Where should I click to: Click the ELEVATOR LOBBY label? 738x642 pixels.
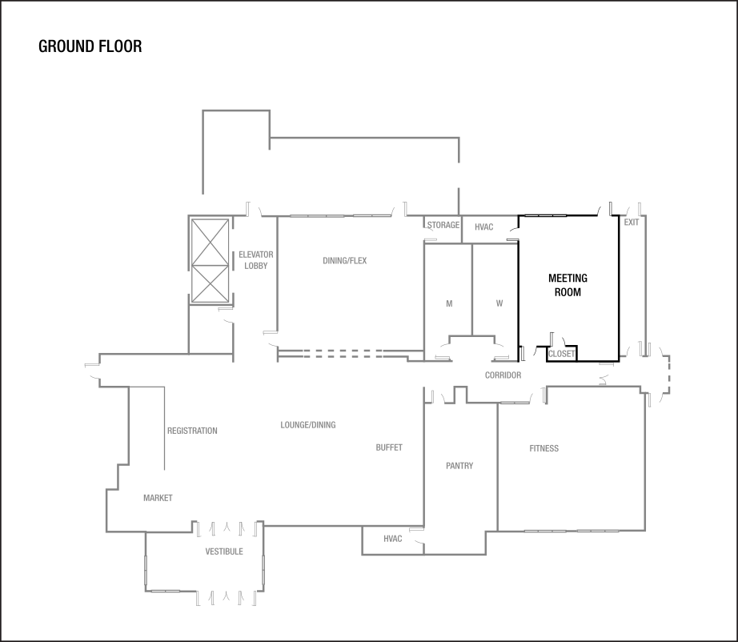256,260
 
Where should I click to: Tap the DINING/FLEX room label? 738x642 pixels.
345,261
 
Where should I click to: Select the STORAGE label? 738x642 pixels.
443,226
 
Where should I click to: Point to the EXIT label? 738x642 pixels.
632,223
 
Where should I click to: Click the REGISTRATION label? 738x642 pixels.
192,431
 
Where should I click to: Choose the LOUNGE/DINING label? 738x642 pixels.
308,425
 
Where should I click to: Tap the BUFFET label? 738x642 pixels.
389,447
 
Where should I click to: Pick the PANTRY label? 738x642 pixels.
459,466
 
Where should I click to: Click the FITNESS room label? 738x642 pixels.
544,448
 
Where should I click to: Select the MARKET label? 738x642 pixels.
158,498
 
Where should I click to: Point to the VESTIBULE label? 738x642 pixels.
224,552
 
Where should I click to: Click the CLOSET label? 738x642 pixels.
561,354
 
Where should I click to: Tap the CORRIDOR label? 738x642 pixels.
503,375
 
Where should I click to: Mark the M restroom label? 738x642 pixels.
449,304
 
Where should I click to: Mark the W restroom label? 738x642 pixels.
499,304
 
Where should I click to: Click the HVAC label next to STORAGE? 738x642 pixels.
483,227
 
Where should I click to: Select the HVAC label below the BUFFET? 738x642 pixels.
393,538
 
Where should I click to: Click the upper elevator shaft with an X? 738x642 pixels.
210,241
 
